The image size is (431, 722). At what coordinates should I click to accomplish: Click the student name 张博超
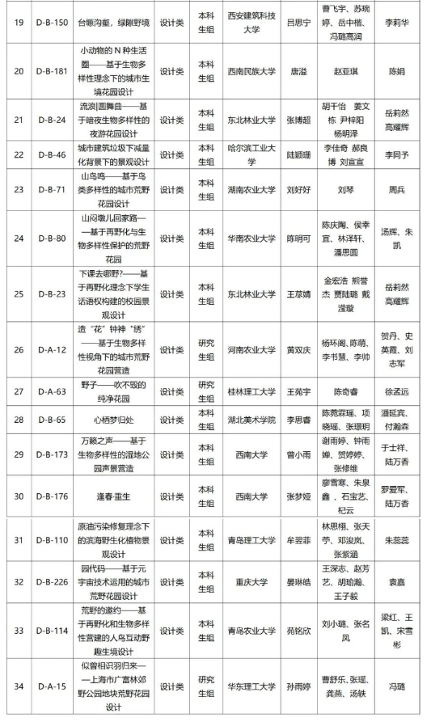tap(298, 120)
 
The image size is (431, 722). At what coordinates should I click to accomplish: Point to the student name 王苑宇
tap(298, 391)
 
